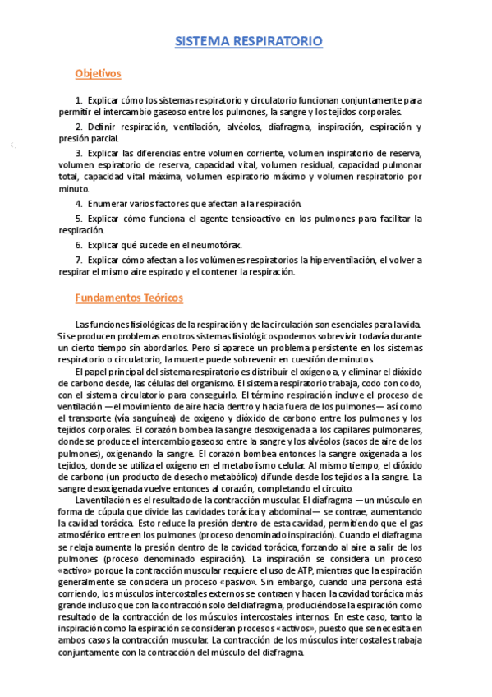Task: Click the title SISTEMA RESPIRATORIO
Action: point(250,40)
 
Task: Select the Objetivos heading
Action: point(98,74)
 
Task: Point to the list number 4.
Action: point(78,203)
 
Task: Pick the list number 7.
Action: point(78,261)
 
